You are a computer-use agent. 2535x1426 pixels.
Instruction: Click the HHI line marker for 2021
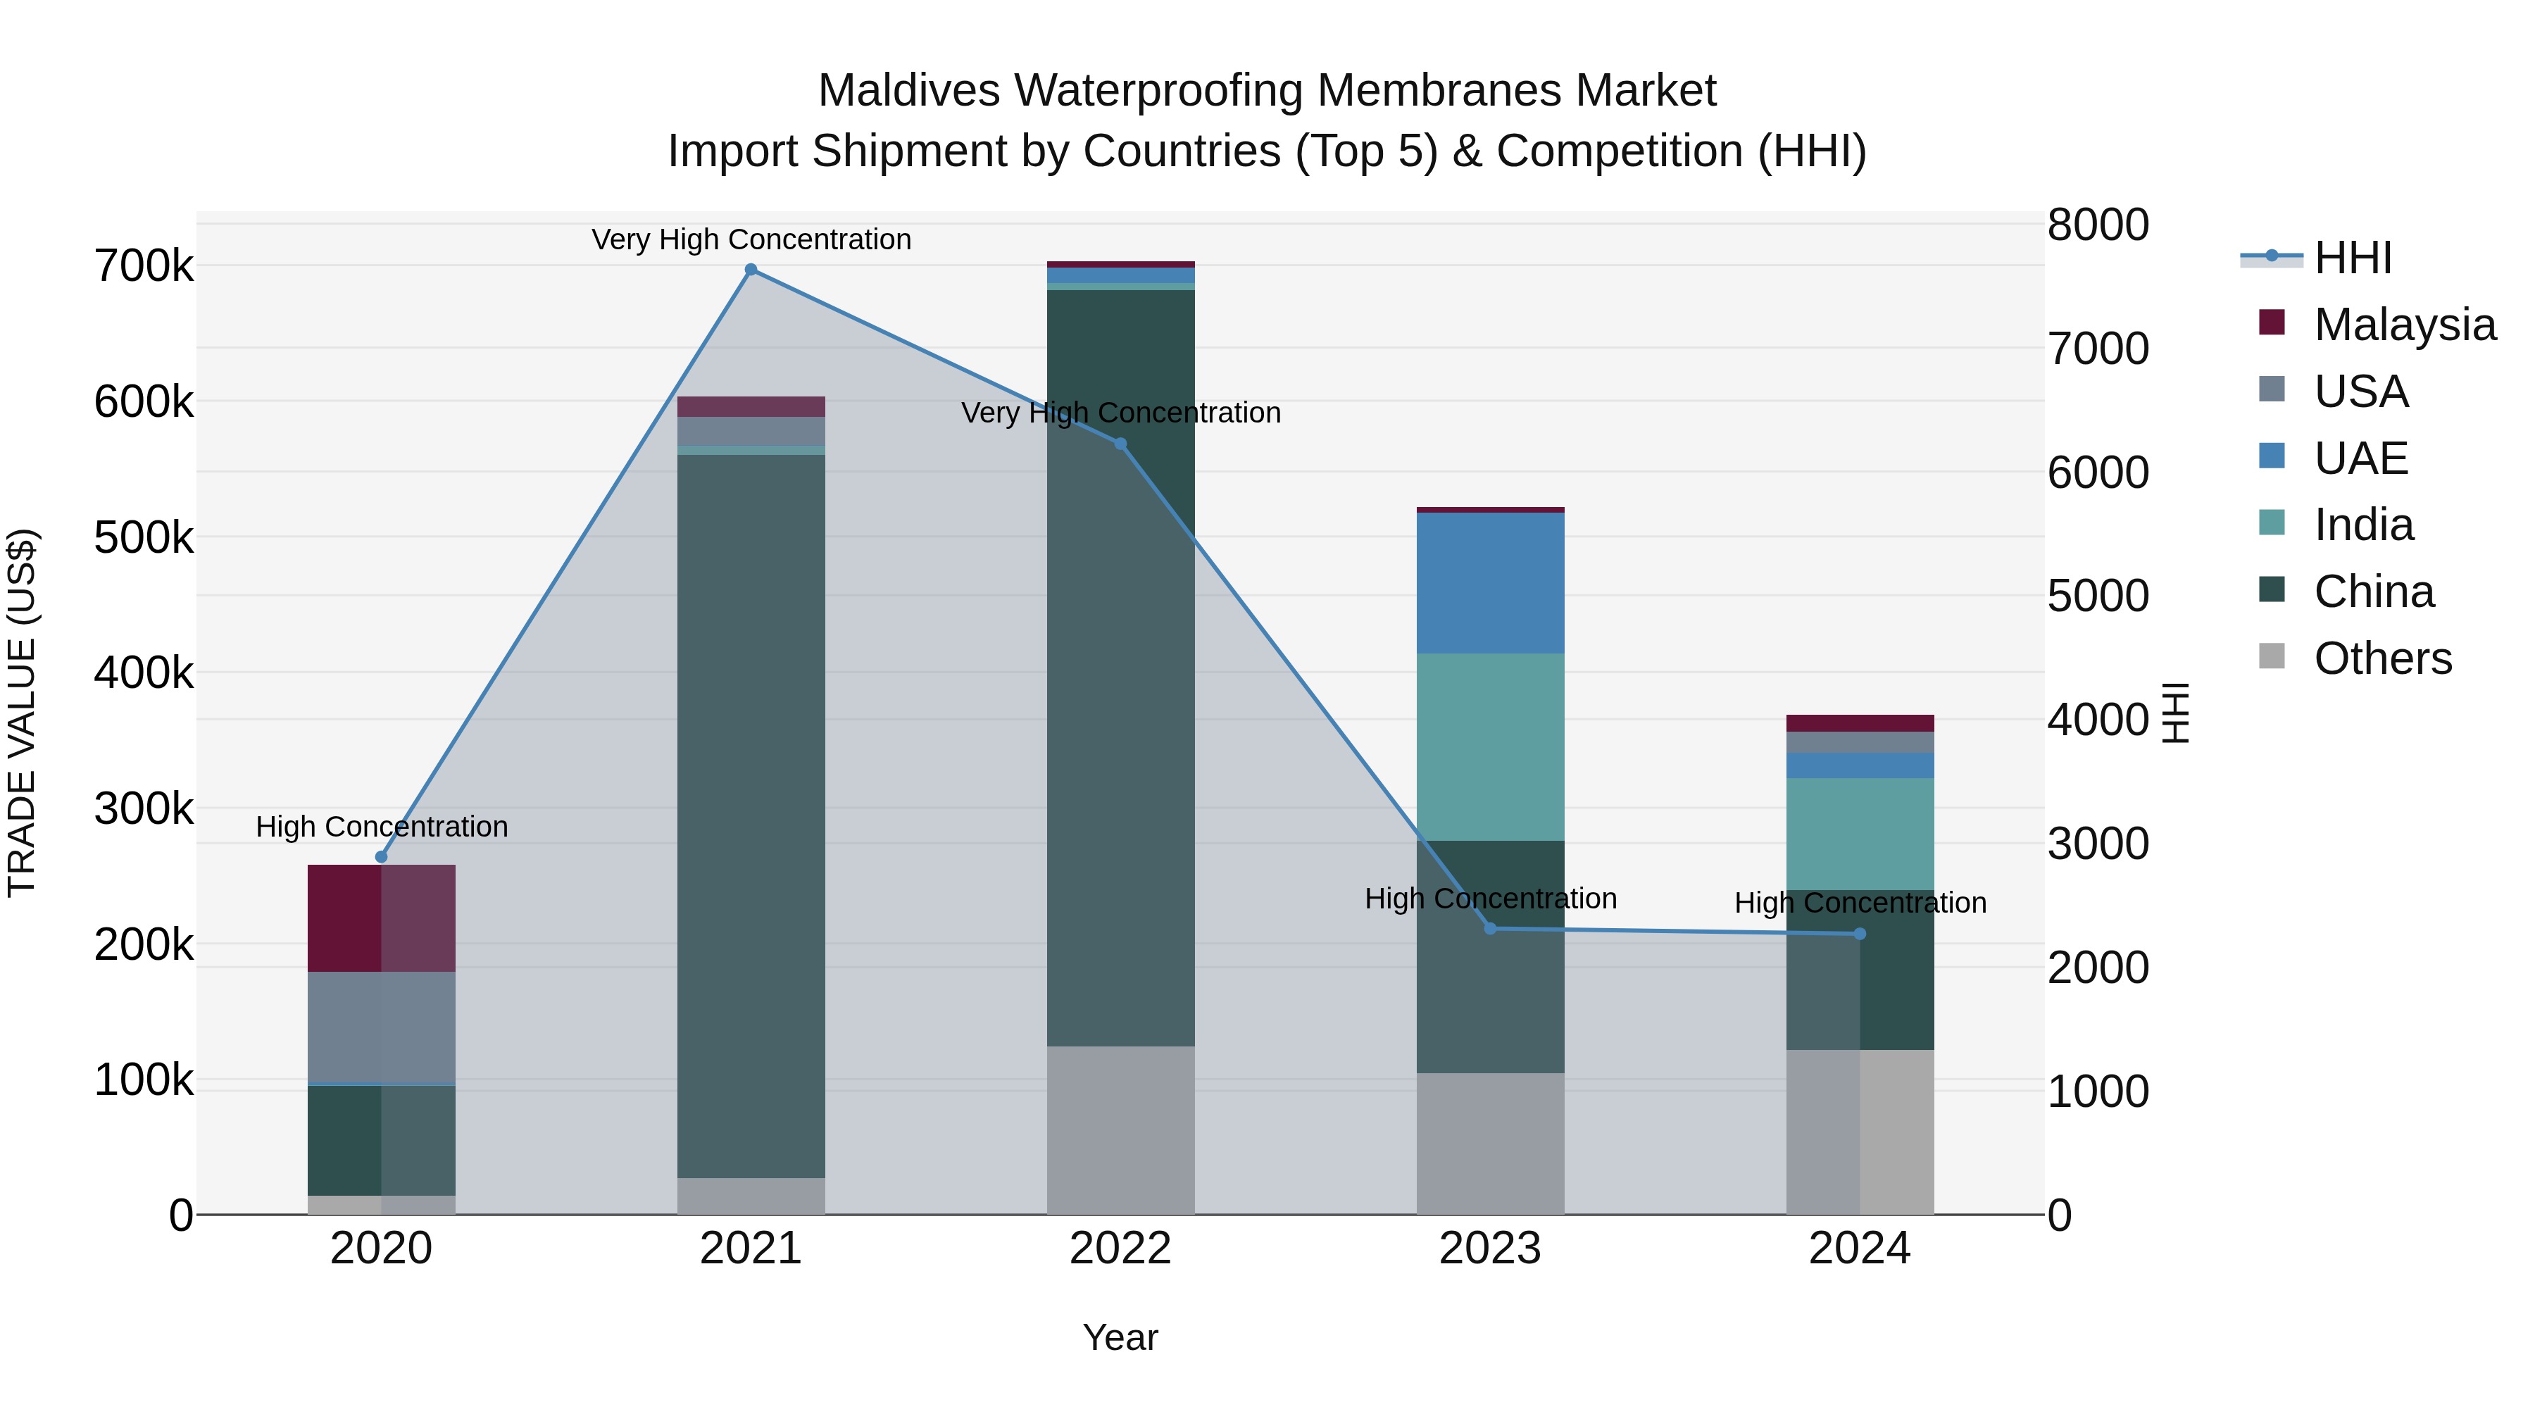(x=751, y=270)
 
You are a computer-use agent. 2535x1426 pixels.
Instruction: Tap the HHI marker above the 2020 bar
(x=382, y=857)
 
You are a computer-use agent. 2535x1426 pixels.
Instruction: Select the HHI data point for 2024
(x=1860, y=934)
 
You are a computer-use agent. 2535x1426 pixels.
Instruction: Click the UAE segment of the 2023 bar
(x=1490, y=582)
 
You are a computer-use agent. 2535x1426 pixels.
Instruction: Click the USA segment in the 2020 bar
(x=382, y=1027)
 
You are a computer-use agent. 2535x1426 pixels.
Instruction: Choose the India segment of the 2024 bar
(x=1860, y=834)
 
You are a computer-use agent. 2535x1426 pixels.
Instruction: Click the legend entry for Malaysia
(x=2404, y=325)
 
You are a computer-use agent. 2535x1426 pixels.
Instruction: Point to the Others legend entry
(x=2381, y=658)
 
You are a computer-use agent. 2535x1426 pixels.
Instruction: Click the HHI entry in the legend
(x=2352, y=258)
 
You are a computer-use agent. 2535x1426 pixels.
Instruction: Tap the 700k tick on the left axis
(x=144, y=265)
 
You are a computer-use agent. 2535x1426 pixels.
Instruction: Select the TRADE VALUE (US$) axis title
(x=22, y=713)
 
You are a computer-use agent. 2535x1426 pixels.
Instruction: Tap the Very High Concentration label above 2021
(x=751, y=239)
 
